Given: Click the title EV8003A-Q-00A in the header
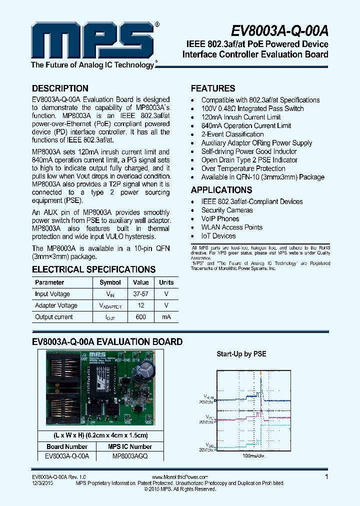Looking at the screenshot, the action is coord(280,31).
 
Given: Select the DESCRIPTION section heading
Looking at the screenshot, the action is coord(60,88).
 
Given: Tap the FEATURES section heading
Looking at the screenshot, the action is coord(213,88).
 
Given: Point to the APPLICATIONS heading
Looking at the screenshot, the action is coord(221,190).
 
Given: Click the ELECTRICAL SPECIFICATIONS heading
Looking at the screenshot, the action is coord(93,269).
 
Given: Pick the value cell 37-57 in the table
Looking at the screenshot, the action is coord(141,294).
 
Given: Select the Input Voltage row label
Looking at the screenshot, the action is coord(52,294).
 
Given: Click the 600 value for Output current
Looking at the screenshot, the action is coord(141,317).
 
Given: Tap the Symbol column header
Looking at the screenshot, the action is coord(110,282).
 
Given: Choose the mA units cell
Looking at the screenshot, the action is coord(166,317).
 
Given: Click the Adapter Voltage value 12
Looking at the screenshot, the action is coord(141,305).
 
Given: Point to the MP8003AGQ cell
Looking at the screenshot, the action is coord(130,456).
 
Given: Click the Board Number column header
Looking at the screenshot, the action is coord(67,446).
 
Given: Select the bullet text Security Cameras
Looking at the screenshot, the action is coord(227,210).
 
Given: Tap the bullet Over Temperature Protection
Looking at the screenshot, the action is coord(243,168).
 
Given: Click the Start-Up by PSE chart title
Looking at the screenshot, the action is coord(241,354).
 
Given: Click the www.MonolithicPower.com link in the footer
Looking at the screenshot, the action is coord(179,477).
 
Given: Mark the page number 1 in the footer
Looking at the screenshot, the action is coord(326,477).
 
